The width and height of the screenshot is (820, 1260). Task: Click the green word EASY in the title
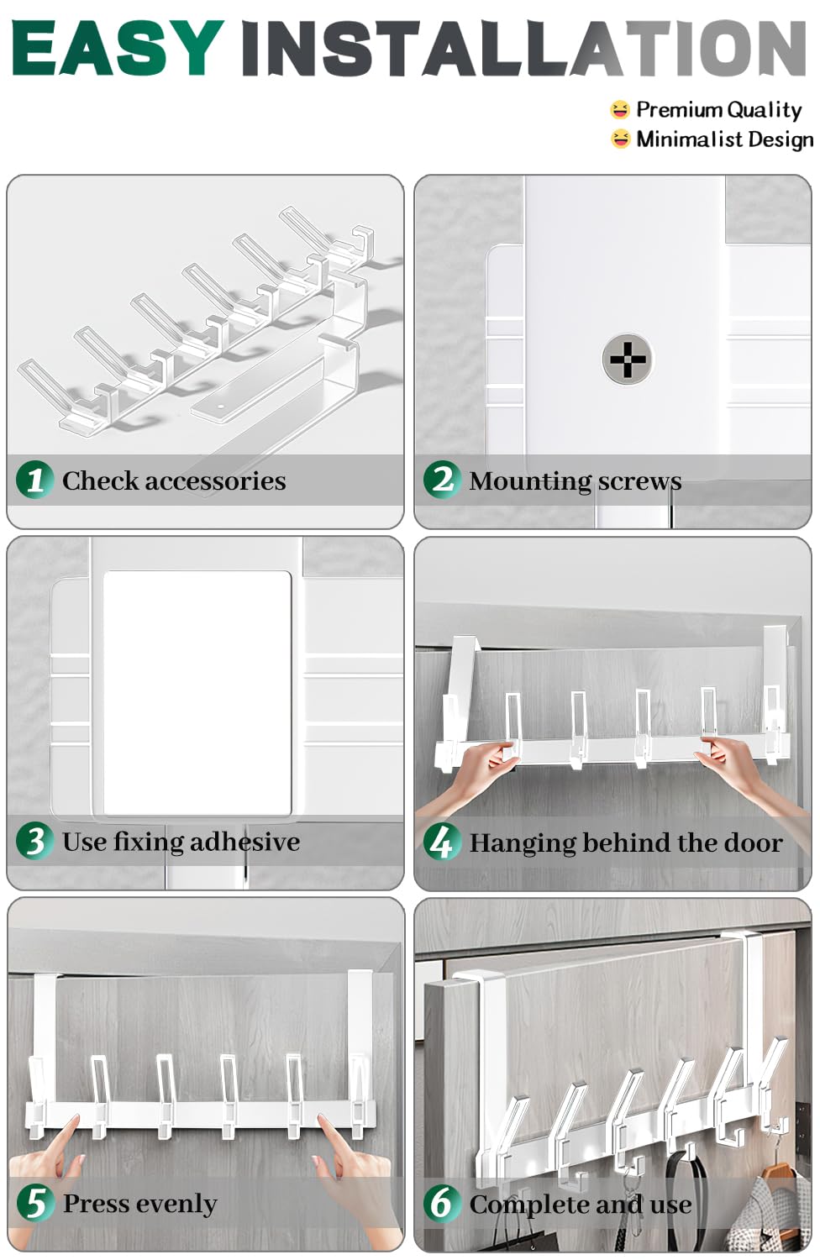point(118,48)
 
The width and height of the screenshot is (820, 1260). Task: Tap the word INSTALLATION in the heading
point(523,48)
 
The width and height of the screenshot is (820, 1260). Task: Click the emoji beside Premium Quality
point(620,109)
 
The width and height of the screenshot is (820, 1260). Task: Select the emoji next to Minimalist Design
point(620,139)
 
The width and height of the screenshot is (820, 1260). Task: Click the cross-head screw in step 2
point(628,359)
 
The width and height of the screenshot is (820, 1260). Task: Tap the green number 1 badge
point(35,480)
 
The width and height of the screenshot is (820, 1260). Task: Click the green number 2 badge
point(443,480)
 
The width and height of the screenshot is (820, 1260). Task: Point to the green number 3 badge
point(35,842)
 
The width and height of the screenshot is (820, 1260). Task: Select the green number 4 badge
point(443,842)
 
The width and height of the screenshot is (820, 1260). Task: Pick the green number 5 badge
point(35,1203)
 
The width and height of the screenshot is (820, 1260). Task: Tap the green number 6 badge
point(443,1203)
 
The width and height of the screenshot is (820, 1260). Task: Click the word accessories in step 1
point(215,481)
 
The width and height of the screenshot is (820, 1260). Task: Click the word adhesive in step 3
point(244,842)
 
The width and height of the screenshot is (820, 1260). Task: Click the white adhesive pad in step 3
point(197,692)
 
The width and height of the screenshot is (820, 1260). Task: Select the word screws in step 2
point(639,481)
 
